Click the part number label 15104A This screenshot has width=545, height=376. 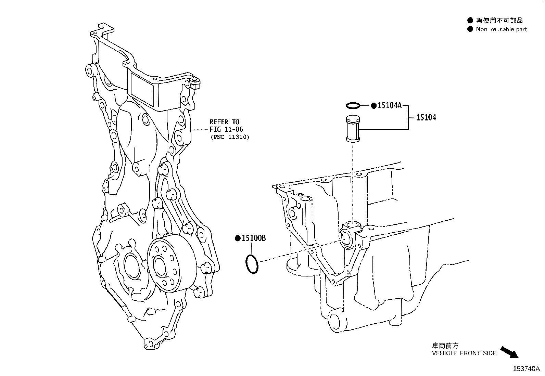390,105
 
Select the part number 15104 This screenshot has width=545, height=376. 426,117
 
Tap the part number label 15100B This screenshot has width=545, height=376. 254,238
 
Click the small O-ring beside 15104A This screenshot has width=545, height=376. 353,106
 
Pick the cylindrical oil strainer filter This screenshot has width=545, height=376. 353,128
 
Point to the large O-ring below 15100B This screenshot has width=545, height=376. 252,264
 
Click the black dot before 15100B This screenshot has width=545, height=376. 238,238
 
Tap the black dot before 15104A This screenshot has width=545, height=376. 374,106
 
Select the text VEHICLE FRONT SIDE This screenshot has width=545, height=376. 464,353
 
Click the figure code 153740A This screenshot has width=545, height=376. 526,369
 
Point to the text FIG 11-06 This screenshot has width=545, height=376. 226,129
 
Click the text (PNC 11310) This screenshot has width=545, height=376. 230,137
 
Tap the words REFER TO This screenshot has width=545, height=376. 224,122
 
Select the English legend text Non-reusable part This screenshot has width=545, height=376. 501,29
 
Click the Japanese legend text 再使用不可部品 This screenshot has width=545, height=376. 499,21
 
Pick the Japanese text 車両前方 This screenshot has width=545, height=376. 445,345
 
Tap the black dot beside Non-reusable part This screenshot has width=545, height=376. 470,29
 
